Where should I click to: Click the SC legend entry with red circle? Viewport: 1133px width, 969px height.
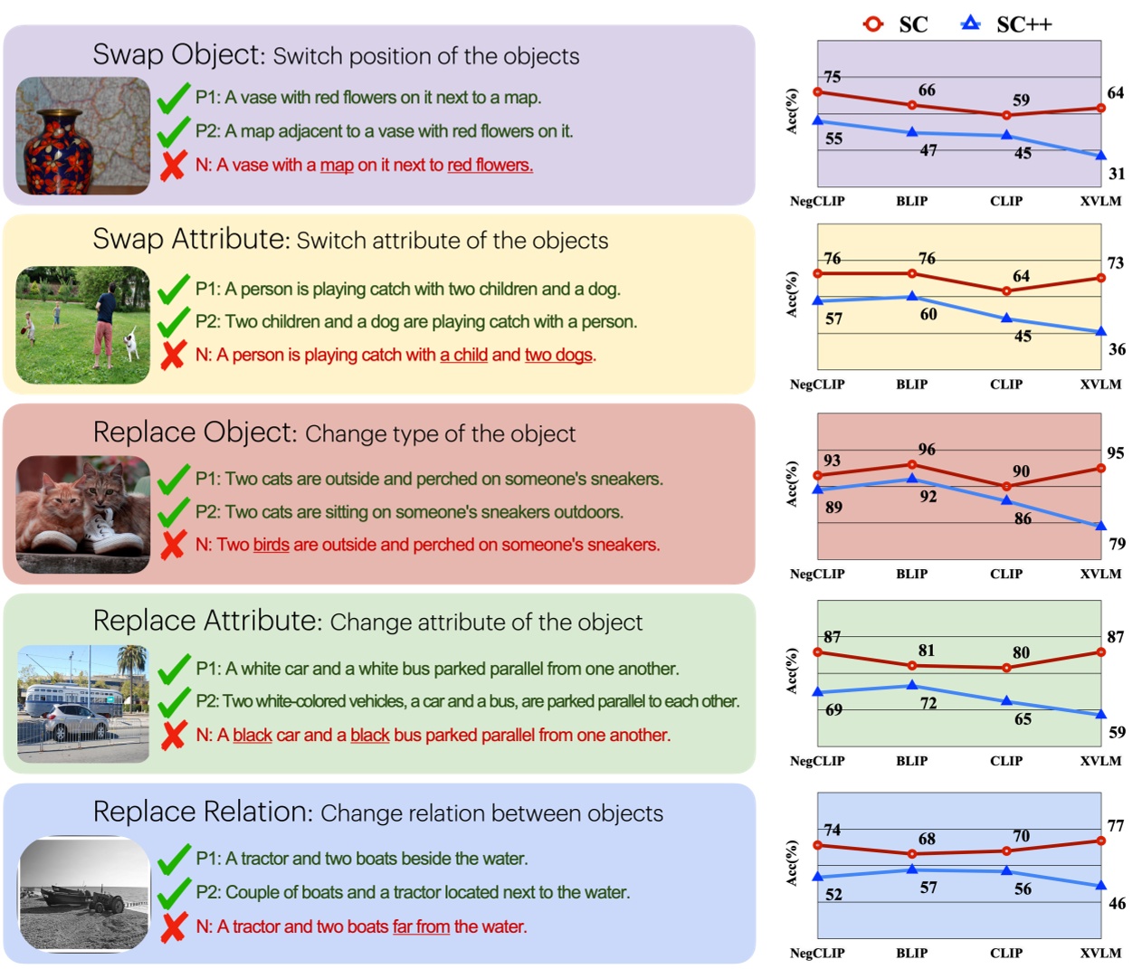pos(895,24)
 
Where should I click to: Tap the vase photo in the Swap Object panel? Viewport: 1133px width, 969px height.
pos(82,136)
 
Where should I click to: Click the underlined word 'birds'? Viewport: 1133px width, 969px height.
pos(271,545)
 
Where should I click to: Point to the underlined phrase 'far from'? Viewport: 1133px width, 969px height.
pos(421,926)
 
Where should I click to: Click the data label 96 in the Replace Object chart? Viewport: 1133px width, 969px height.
pos(927,450)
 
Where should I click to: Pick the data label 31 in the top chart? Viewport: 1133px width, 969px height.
pos(1117,174)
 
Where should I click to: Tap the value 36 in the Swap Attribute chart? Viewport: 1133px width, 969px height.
pos(1117,349)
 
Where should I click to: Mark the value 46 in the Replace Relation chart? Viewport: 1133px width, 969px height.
pos(1117,903)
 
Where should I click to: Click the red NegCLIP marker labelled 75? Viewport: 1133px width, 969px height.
pos(818,92)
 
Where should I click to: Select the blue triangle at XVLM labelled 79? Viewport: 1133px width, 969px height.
pos(1101,526)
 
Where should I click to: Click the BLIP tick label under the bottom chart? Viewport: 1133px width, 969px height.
pos(911,953)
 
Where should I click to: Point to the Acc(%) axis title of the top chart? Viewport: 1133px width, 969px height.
pos(792,111)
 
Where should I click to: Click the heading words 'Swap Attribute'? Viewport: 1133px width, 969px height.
pos(190,239)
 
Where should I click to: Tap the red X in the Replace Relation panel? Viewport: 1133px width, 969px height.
pos(173,927)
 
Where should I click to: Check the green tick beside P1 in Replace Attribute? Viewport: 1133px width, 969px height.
pos(174,670)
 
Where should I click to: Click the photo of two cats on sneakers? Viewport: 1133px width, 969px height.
pos(82,514)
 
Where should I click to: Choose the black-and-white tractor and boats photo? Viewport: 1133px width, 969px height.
pos(84,894)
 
